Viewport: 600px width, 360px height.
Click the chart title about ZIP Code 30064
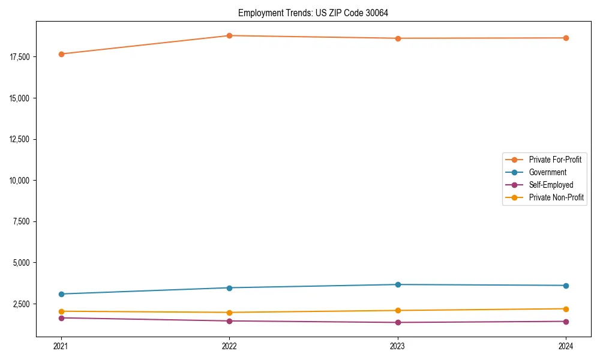pos(313,13)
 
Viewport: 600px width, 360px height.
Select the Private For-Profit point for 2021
pos(61,54)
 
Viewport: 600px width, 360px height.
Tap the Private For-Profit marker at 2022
pos(229,35)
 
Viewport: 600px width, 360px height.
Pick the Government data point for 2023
pos(398,284)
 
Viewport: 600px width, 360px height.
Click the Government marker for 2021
pos(61,294)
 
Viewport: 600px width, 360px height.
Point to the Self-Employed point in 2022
pos(229,321)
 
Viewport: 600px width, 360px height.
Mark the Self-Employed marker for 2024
pos(566,322)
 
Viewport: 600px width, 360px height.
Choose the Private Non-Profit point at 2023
pos(398,310)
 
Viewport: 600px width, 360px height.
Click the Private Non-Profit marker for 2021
pos(61,311)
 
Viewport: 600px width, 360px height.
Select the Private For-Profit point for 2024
pos(566,38)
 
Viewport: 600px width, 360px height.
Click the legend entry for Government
pos(547,172)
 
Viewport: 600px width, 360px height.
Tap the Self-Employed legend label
pos(551,185)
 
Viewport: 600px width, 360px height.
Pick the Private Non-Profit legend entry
pos(556,197)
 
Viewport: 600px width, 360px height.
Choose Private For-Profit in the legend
pos(555,160)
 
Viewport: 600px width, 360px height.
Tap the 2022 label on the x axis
pos(229,346)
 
